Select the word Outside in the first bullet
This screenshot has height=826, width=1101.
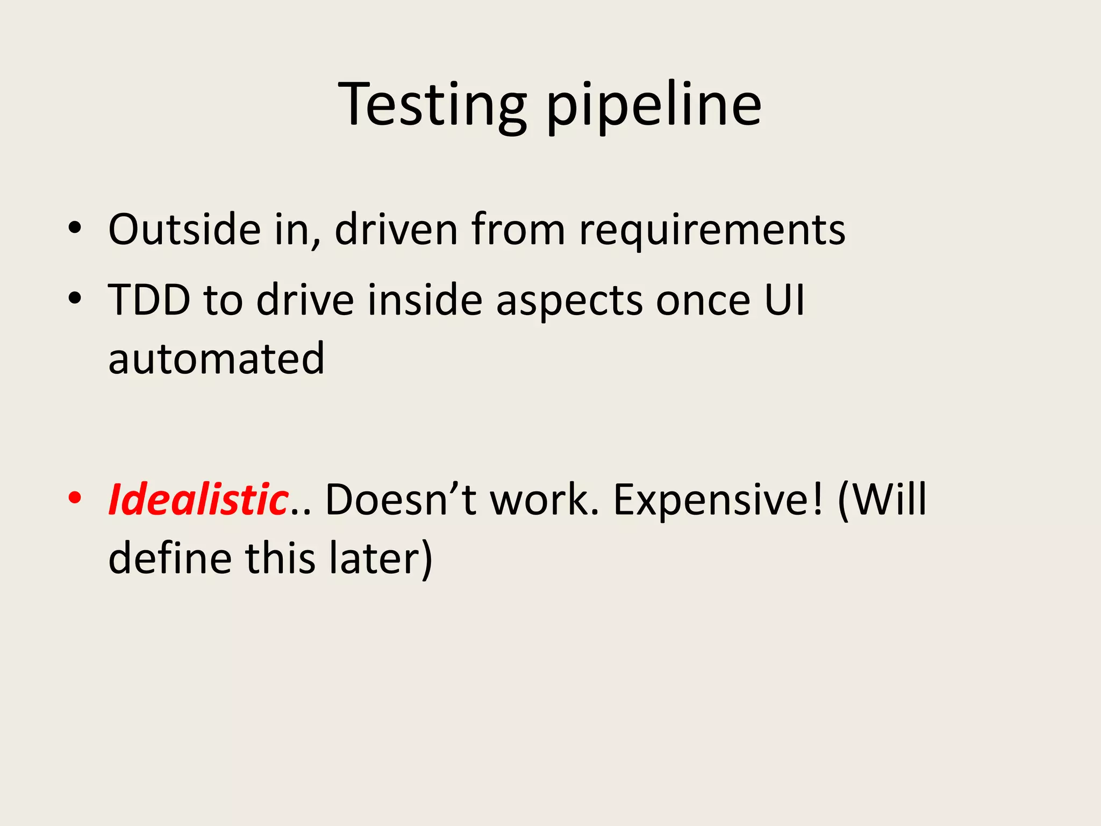coord(184,230)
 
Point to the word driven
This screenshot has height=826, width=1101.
coord(396,230)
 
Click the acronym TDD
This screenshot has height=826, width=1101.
coord(149,300)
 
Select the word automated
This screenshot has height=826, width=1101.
coord(216,359)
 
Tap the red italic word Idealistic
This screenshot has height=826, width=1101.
coord(198,500)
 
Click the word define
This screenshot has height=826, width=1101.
coord(170,559)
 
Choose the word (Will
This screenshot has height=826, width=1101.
coord(882,501)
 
